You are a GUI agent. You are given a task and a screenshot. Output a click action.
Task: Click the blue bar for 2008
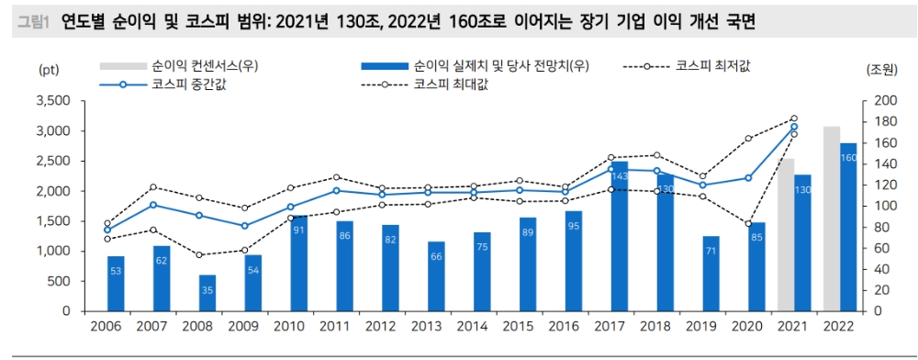pos(207,293)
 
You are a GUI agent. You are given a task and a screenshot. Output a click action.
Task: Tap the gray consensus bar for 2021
pos(786,235)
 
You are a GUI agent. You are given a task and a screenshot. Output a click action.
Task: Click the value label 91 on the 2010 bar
pos(299,231)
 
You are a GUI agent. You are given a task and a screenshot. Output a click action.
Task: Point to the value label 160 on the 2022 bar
pos(847,158)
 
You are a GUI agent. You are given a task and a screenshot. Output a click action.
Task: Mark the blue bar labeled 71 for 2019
pos(711,274)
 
